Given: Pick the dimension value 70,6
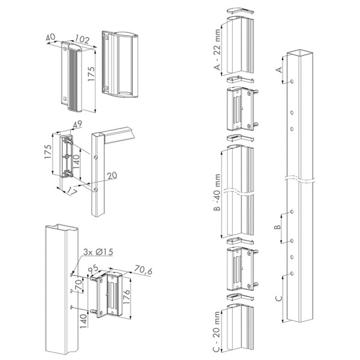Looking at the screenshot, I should (144, 271).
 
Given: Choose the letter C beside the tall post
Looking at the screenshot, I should (278, 298).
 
